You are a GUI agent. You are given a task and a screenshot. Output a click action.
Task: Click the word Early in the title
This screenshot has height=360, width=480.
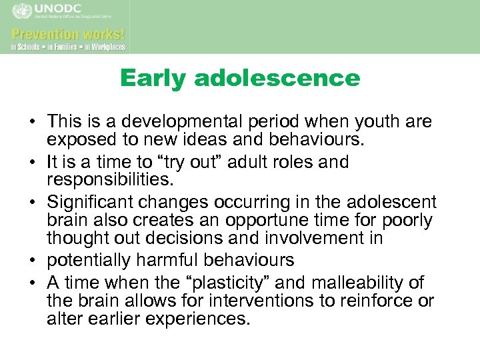point(155,79)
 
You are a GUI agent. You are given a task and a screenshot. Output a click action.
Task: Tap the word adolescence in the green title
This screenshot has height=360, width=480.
point(277,79)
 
